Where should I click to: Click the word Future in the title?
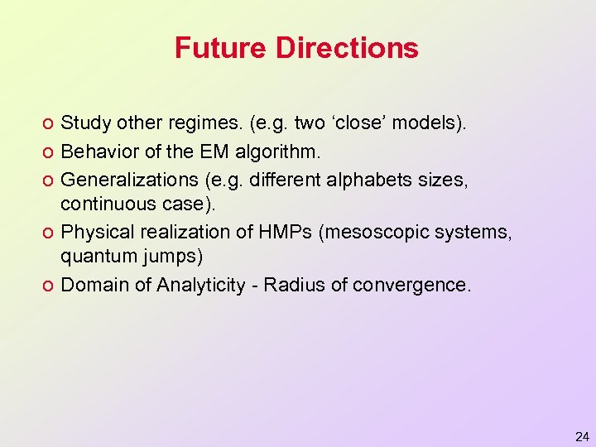pyautogui.click(x=221, y=47)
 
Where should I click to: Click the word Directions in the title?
pyautogui.click(x=348, y=47)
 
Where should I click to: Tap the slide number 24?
pyautogui.click(x=582, y=435)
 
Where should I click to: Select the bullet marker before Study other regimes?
pyautogui.click(x=49, y=125)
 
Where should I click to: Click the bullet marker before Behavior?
pyautogui.click(x=49, y=152)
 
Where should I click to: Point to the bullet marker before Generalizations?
pyautogui.click(x=49, y=180)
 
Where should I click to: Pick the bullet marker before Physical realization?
pyautogui.click(x=49, y=233)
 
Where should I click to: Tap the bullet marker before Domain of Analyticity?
pyautogui.click(x=49, y=286)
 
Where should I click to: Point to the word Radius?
pyautogui.click(x=291, y=286)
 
